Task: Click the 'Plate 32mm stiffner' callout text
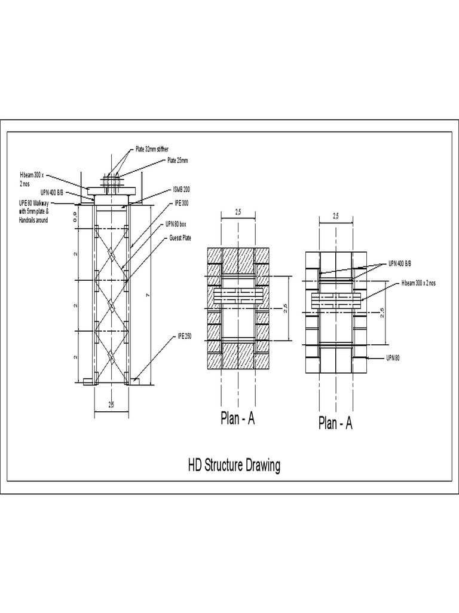tap(152, 148)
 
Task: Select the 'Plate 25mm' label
tap(178, 160)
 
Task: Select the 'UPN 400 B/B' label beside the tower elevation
tap(52, 193)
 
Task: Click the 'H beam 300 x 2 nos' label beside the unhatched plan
tap(418, 282)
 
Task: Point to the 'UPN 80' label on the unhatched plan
tap(393, 357)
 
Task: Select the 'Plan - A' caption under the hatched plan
tap(238, 420)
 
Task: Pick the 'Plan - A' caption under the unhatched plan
tap(335, 424)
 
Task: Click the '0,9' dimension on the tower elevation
tap(75, 214)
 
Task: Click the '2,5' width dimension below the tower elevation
tap(111, 405)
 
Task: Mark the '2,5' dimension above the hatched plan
tap(238, 212)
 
